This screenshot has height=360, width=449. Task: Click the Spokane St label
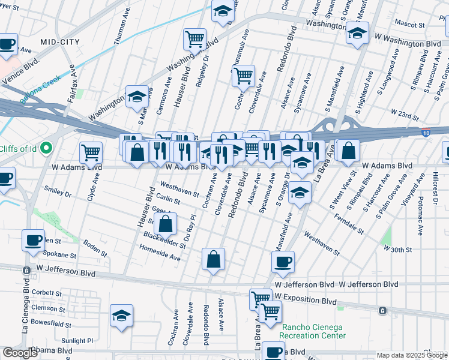coord(59,255)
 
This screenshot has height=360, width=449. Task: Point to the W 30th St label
coord(397,249)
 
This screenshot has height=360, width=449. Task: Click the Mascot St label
coord(409,23)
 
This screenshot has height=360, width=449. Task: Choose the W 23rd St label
coord(404,112)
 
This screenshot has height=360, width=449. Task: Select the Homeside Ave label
coord(160,256)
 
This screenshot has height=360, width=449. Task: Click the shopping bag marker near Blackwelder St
coord(165,224)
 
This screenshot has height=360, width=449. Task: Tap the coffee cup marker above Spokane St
coord(33,240)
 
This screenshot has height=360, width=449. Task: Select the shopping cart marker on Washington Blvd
coord(195,40)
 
